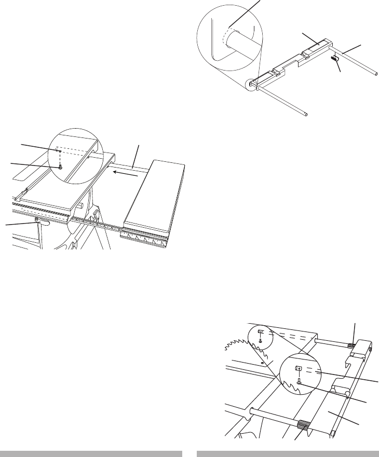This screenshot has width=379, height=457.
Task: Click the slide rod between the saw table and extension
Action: pos(132,167)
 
